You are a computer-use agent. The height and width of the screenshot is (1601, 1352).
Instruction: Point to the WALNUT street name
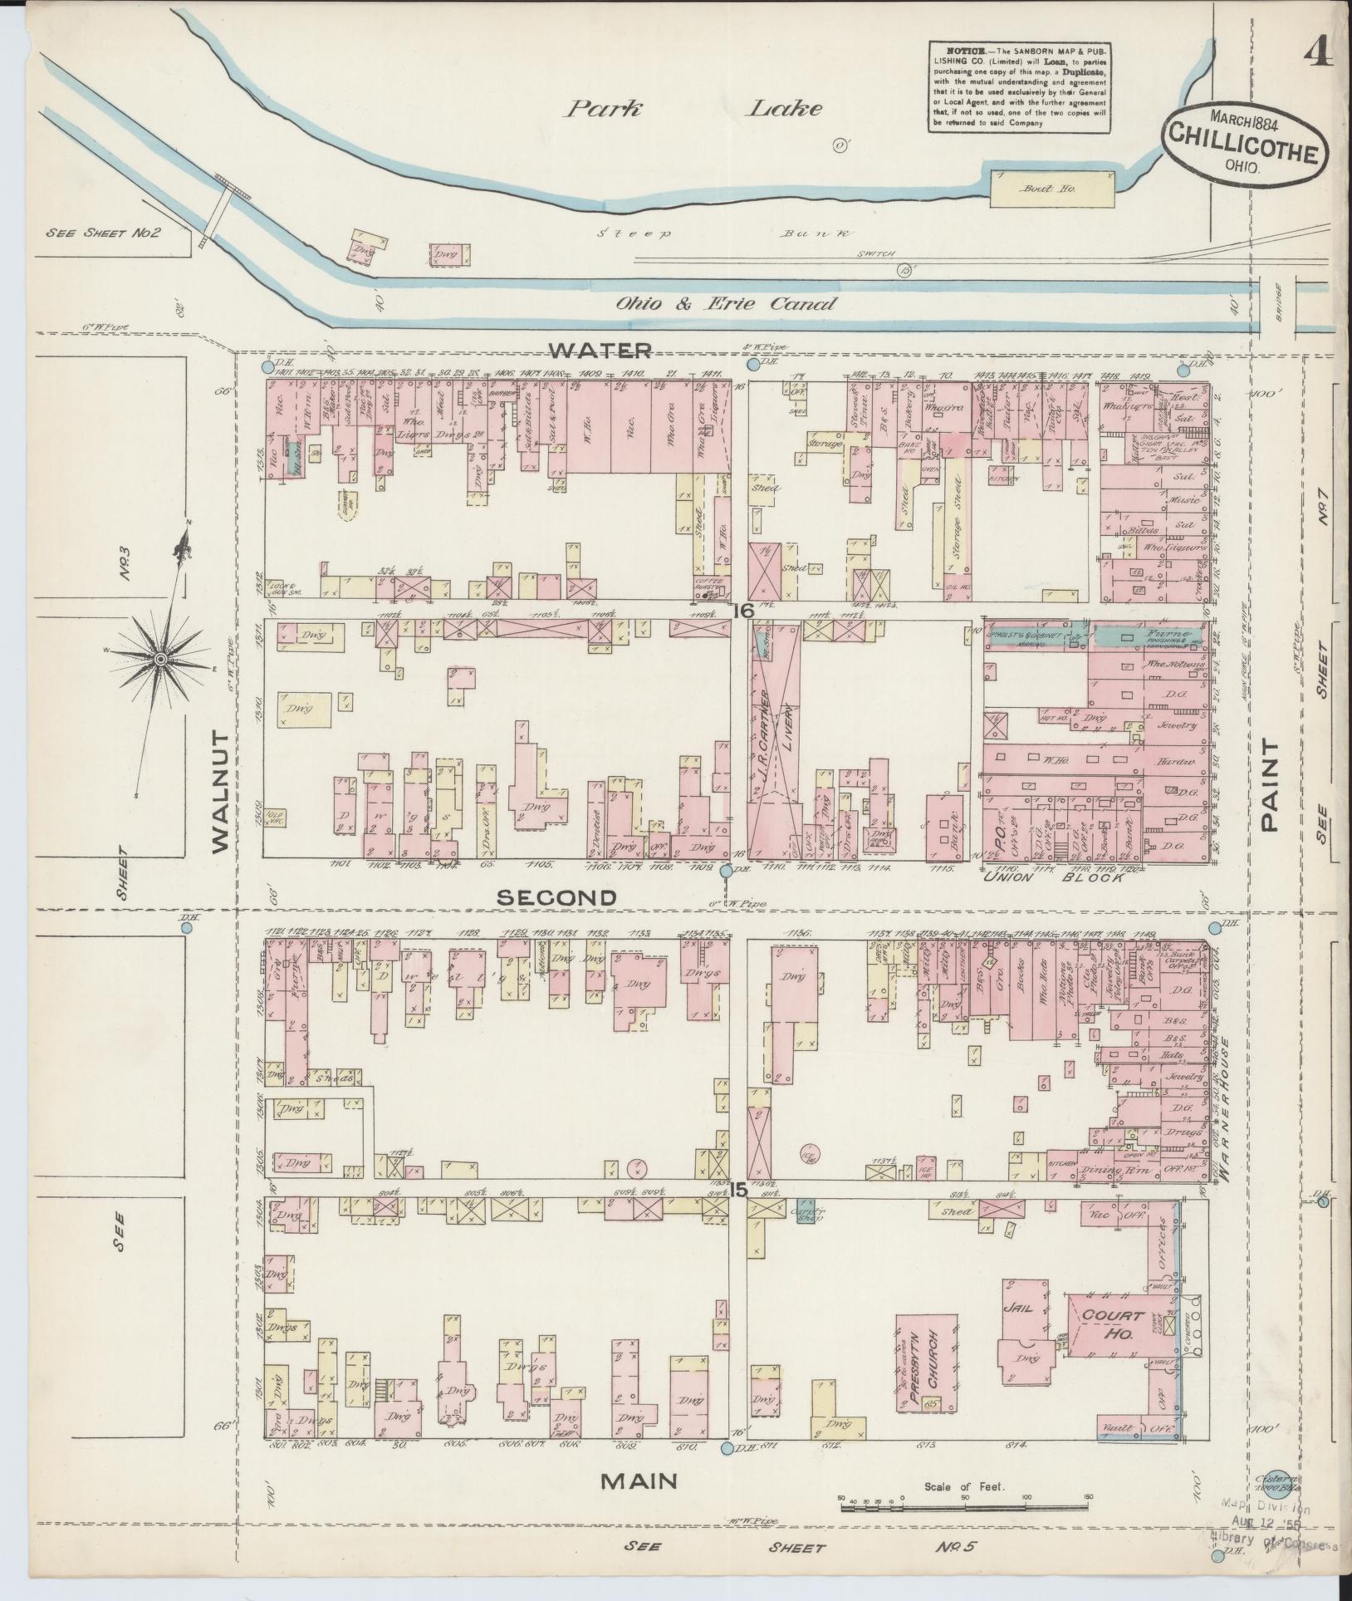(219, 792)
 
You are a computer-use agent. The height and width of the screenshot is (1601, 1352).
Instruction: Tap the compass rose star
(159, 659)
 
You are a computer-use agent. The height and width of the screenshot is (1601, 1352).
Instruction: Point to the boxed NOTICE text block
(1020, 86)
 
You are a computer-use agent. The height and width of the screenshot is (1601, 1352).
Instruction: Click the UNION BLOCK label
(1054, 877)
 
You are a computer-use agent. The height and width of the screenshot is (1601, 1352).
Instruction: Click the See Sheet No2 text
(103, 233)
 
